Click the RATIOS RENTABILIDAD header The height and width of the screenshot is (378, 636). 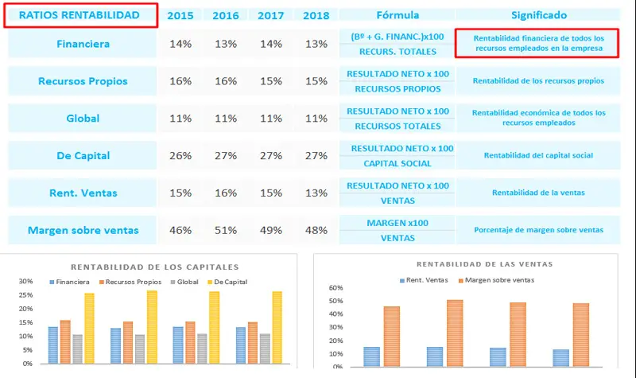click(79, 15)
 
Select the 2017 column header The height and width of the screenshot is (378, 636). click(271, 15)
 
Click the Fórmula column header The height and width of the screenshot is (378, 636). click(397, 15)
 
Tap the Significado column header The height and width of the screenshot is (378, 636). click(539, 15)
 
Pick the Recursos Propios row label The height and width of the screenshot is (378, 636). click(83, 81)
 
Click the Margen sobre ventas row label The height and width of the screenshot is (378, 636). click(83, 231)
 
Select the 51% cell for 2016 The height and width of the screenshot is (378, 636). click(226, 231)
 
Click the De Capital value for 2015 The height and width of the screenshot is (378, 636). click(180, 156)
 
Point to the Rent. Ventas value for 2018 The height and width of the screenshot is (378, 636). click(316, 193)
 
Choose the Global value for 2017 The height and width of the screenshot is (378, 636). click(271, 119)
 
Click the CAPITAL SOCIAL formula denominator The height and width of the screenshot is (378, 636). click(397, 164)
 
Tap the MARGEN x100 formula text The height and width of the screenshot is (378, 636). click(397, 223)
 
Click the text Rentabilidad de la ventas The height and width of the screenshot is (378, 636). click(538, 193)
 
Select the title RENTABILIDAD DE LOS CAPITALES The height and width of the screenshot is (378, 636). click(155, 267)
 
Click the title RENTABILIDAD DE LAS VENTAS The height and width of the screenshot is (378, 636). click(474, 263)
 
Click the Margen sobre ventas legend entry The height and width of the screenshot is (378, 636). click(496, 280)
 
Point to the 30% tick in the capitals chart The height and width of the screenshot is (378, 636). click(26, 282)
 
